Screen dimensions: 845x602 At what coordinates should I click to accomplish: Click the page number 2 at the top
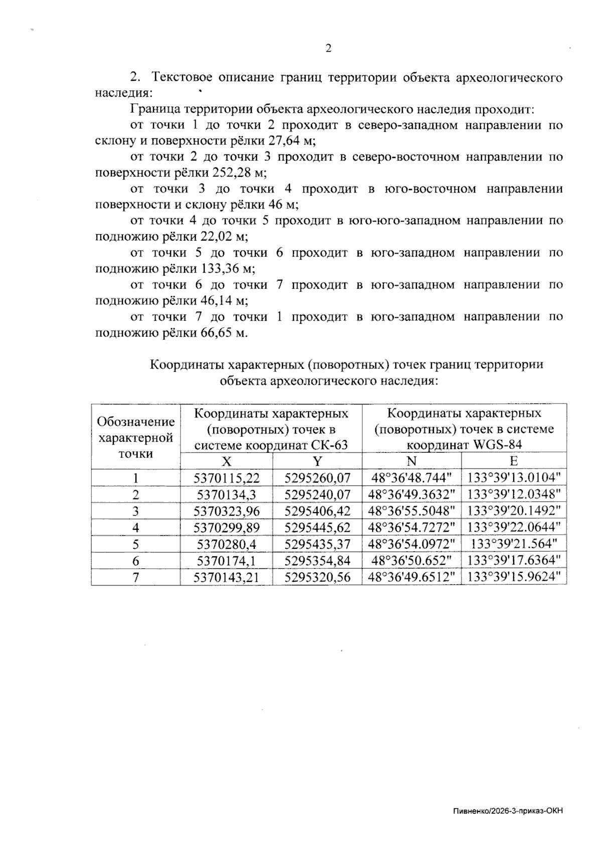tap(328, 49)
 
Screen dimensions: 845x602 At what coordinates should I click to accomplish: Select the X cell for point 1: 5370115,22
tap(226, 478)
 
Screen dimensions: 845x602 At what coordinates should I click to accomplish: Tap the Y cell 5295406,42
tap(317, 511)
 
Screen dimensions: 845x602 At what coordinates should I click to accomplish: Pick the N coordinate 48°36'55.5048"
tap(411, 511)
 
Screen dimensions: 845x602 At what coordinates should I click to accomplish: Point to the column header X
tap(226, 461)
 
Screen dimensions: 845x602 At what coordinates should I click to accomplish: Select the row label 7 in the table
tap(136, 577)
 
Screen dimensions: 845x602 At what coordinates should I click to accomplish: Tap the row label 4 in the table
tap(136, 527)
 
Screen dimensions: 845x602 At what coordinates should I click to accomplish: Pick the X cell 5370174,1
tap(226, 560)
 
